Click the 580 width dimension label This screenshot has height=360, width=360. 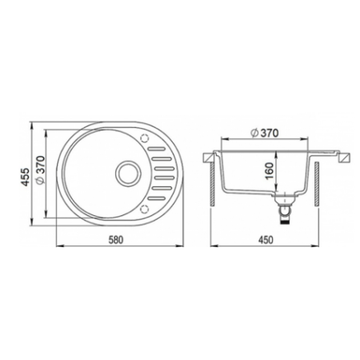pyautogui.click(x=116, y=239)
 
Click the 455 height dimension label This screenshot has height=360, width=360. pyautogui.click(x=26, y=177)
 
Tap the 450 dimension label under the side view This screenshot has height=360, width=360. pyautogui.click(x=266, y=239)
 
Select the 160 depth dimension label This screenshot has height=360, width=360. pyautogui.click(x=270, y=171)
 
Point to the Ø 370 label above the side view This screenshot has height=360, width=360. pyautogui.click(x=265, y=133)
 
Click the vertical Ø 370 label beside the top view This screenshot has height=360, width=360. pyautogui.click(x=40, y=170)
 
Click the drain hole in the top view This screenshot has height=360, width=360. pyautogui.click(x=128, y=174)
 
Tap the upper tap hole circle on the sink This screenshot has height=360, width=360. pyautogui.click(x=144, y=138)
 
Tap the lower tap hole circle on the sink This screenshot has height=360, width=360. pyautogui.click(x=144, y=209)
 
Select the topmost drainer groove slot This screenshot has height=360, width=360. pyautogui.click(x=157, y=149)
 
